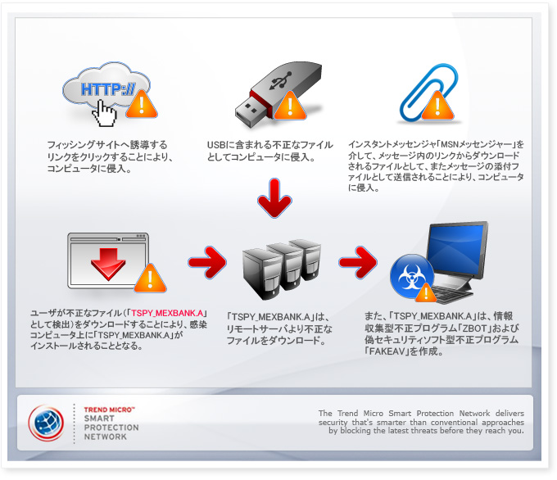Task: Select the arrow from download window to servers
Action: coord(206,262)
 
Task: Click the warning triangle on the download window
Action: coord(149,279)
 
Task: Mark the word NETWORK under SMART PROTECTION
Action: coord(106,437)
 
